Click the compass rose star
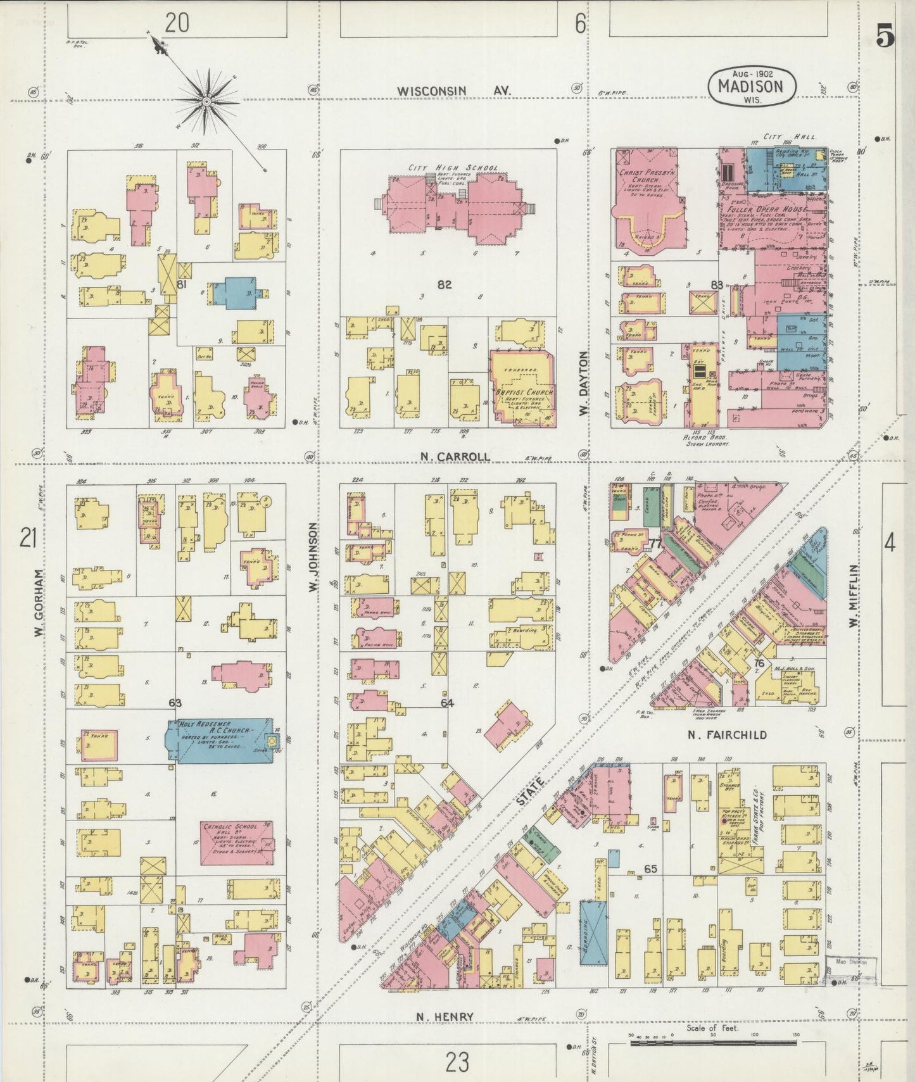(206, 100)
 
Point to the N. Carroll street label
(455, 456)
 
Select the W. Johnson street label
(312, 557)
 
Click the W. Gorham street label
(39, 603)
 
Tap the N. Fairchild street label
(728, 734)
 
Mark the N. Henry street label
(445, 1017)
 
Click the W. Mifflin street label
(852, 596)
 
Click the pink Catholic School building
(237, 843)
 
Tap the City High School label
(453, 168)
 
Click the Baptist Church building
(523, 387)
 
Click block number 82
(445, 285)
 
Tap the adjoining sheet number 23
(456, 1061)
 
